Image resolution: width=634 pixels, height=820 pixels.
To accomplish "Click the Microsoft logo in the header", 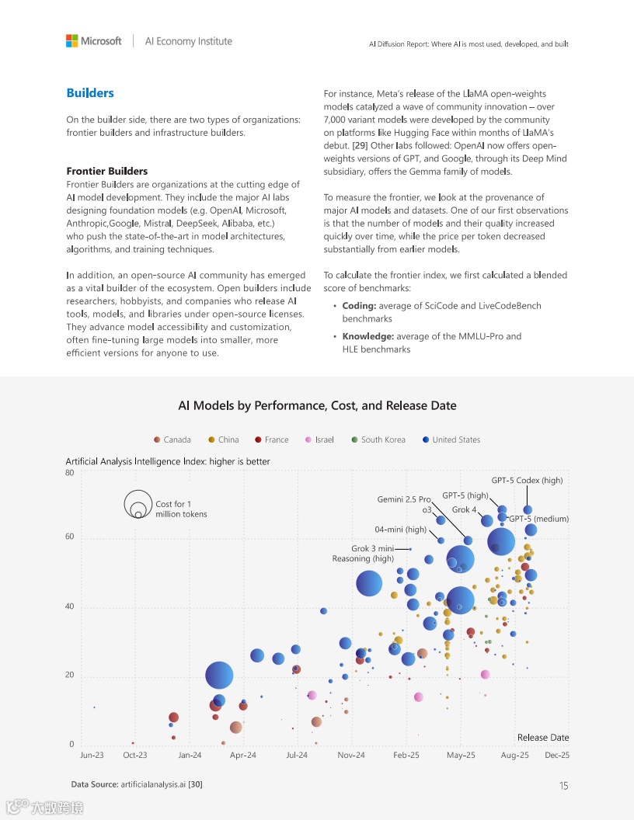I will [94, 41].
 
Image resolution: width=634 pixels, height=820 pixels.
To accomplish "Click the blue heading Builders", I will [90, 93].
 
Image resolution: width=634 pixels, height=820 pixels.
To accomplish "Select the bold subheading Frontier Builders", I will [106, 171].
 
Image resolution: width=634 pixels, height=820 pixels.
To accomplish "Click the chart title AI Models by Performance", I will [317, 405].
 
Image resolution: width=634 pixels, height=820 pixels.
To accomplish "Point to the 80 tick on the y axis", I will [70, 472].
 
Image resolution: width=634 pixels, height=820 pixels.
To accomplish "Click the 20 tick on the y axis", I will [70, 676].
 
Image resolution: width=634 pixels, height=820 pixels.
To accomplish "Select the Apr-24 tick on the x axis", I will [243, 755].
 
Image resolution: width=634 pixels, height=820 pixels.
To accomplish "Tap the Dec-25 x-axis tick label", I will [557, 755].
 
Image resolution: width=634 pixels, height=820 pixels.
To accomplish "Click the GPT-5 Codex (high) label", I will [527, 481].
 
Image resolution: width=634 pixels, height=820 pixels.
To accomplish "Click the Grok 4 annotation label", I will [464, 510].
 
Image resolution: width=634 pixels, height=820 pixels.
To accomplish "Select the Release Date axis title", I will [543, 738].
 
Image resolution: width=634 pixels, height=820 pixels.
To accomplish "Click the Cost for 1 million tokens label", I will [181, 509].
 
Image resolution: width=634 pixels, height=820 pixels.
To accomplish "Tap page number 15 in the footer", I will [563, 786].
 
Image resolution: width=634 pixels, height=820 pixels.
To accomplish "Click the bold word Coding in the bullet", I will [359, 306].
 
